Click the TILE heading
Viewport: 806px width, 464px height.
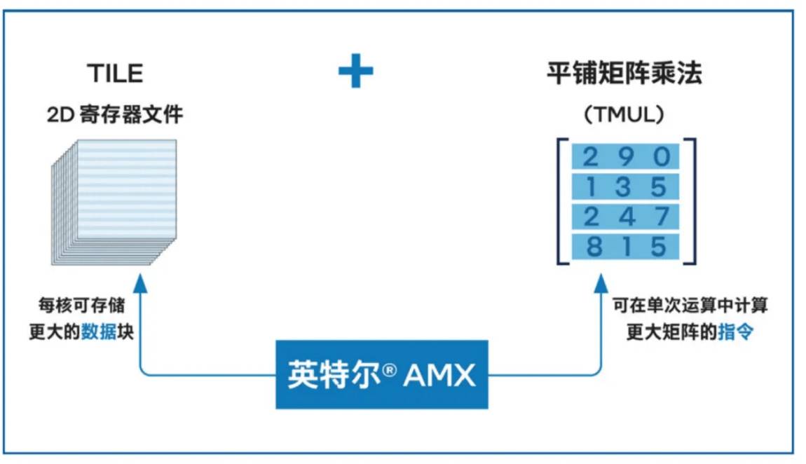pyautogui.click(x=115, y=73)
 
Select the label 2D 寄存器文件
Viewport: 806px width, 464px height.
pyautogui.click(x=115, y=114)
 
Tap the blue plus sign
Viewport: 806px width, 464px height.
pyautogui.click(x=356, y=71)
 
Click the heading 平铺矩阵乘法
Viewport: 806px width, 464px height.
pyautogui.click(x=624, y=74)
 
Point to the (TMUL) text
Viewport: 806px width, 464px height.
pyautogui.click(x=624, y=115)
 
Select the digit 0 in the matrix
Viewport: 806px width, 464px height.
pyautogui.click(x=662, y=156)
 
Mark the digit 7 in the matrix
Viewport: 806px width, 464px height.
pyautogui.click(x=662, y=217)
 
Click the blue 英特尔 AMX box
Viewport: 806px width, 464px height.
pyautogui.click(x=381, y=374)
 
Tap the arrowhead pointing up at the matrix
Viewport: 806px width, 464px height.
pyautogui.click(x=602, y=282)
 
